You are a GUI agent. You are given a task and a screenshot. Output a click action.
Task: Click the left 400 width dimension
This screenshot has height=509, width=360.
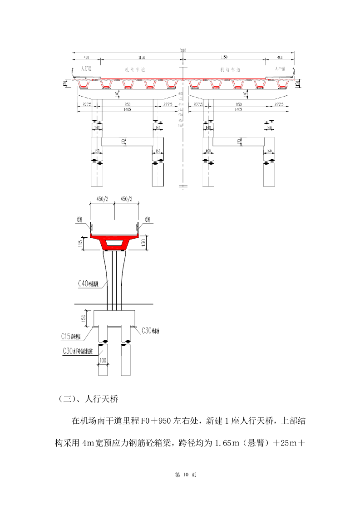[86, 58]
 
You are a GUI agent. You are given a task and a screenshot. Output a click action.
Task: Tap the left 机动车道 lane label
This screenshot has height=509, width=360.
[135, 70]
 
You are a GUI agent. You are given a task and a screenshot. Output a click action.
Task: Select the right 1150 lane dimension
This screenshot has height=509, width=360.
[224, 58]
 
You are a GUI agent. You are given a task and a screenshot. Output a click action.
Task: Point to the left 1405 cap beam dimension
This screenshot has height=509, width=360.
[124, 109]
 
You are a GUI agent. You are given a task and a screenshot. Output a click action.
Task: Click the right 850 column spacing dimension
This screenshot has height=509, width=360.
[236, 104]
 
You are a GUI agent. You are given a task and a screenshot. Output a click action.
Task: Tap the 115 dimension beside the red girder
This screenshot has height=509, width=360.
[80, 244]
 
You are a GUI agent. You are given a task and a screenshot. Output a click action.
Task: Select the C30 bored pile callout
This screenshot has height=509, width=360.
[81, 351]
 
